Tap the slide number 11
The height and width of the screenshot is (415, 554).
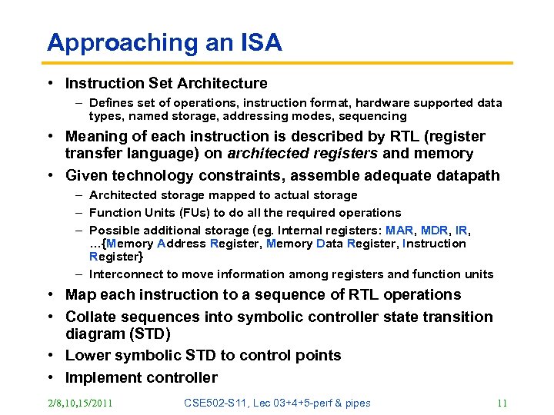[503, 403]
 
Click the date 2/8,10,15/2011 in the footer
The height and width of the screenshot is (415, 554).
[79, 403]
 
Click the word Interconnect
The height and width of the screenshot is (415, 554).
[125, 274]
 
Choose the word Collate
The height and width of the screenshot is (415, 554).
[92, 317]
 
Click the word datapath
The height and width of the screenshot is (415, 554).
[468, 176]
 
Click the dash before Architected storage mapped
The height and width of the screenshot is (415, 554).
[79, 195]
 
